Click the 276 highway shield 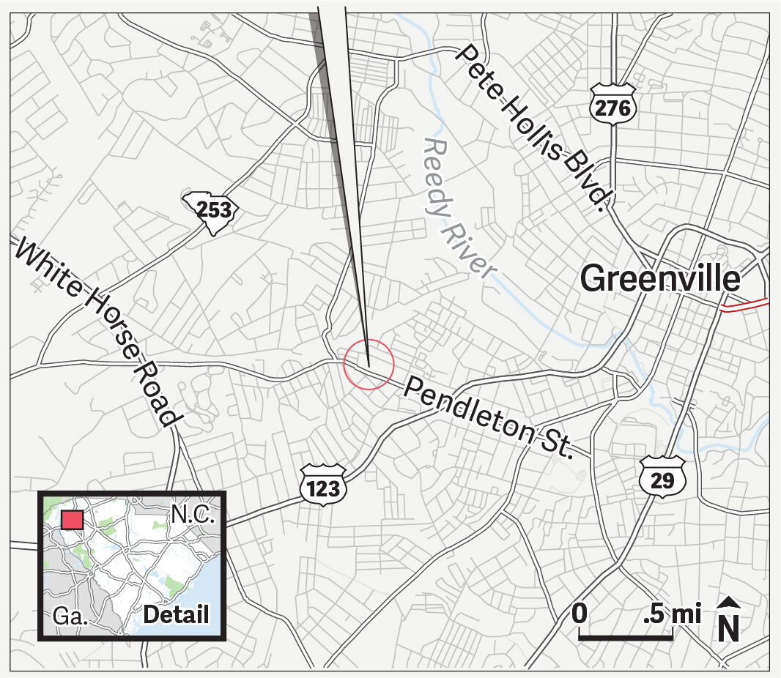612,107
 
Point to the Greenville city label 660,279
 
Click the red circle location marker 369,365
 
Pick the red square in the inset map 73,520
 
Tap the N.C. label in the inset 193,514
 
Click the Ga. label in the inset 70,616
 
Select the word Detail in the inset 176,615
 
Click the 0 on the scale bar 580,613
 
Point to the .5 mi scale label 672,613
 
